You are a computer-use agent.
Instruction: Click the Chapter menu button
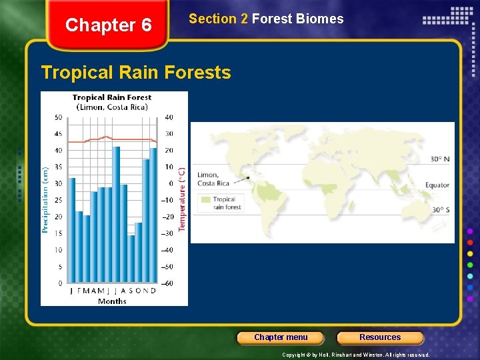[x=281, y=337]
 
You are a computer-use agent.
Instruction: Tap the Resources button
[x=380, y=337]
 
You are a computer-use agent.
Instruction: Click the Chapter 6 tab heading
[x=109, y=25]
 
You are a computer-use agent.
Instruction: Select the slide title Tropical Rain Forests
[x=136, y=72]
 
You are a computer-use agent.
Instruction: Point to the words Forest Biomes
[x=297, y=19]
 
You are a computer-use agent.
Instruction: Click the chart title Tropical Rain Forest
[x=112, y=97]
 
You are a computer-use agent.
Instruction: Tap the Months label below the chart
[x=112, y=301]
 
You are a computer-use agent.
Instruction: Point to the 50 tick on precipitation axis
[x=58, y=117]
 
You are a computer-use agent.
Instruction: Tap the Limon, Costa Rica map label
[x=213, y=179]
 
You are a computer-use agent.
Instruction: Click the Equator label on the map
[x=437, y=185]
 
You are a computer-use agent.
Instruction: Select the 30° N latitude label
[x=440, y=159]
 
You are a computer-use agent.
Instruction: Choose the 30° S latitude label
[x=440, y=210]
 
